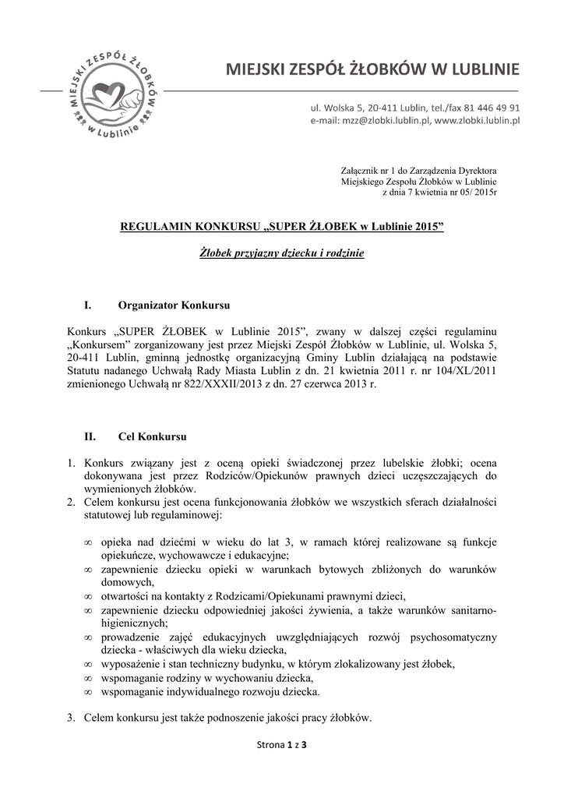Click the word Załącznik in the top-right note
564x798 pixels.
pos(361,170)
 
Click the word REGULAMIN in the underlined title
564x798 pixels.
pos(153,226)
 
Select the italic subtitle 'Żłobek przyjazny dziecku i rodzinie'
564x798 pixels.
pos(281,254)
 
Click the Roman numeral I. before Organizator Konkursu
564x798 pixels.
pos(88,302)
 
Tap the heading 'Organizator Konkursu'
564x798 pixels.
pos(174,302)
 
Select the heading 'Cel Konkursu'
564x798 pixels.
pos(153,437)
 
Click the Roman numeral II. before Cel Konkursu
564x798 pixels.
pos(90,437)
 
